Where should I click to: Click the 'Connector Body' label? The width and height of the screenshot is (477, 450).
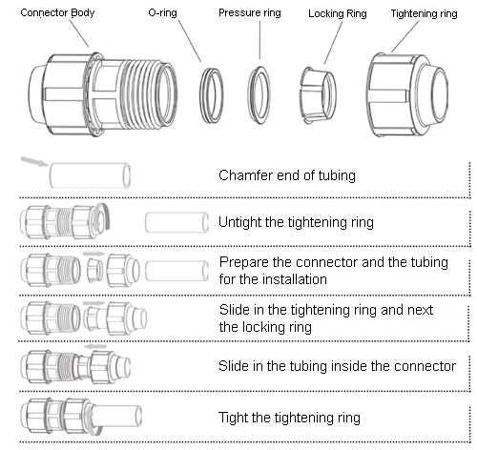click(x=57, y=12)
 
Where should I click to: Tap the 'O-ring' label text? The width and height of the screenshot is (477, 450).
click(x=162, y=13)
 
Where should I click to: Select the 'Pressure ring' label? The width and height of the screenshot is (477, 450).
click(x=250, y=12)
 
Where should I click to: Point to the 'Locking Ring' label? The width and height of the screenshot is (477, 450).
click(x=338, y=13)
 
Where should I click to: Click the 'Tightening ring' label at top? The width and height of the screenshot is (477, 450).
click(x=424, y=13)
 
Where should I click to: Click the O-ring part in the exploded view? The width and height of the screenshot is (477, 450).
click(x=200, y=95)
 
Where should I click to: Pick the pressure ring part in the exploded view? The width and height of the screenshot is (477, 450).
click(x=249, y=95)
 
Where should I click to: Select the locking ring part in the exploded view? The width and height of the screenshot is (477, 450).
click(x=318, y=95)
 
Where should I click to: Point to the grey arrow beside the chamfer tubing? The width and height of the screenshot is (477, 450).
click(x=35, y=161)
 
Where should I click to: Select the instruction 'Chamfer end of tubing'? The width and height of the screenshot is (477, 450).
click(x=287, y=175)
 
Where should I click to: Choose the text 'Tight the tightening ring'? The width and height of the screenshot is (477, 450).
click(x=289, y=418)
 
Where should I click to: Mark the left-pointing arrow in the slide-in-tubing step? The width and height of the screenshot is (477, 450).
click(x=94, y=346)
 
